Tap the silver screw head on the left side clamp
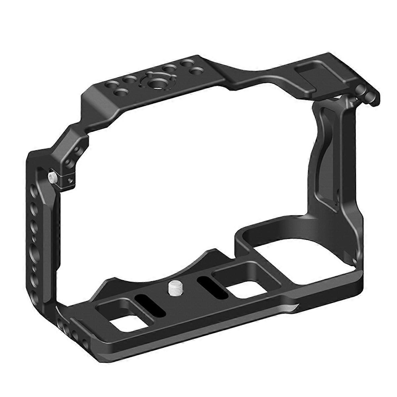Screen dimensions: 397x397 click(x=52, y=177)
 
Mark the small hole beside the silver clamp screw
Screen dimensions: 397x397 click(x=69, y=181)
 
